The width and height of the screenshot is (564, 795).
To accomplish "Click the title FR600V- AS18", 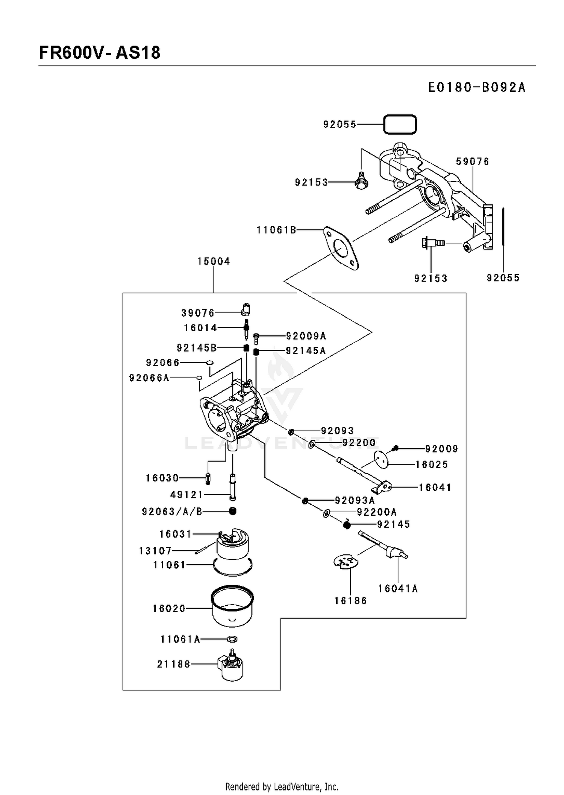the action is [x=100, y=53].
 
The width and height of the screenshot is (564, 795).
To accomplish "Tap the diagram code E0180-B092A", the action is [x=477, y=87].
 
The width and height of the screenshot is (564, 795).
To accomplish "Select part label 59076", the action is [x=473, y=161].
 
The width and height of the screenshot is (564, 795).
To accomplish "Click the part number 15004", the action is [x=214, y=261].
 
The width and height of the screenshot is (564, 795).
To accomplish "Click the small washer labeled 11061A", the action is [x=232, y=639].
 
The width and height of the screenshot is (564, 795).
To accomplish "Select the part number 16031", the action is [x=176, y=534].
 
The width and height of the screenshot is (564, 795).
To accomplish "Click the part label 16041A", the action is [x=398, y=588].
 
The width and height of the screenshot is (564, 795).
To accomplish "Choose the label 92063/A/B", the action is [x=172, y=512].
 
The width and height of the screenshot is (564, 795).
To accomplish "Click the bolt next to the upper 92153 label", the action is [x=361, y=181].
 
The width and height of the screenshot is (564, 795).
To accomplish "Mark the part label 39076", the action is [x=198, y=313].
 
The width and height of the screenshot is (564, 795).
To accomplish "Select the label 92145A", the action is [x=306, y=351].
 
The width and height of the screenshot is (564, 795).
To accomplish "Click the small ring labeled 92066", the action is [x=210, y=362].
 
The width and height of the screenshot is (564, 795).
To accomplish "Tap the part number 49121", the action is [x=187, y=495].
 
